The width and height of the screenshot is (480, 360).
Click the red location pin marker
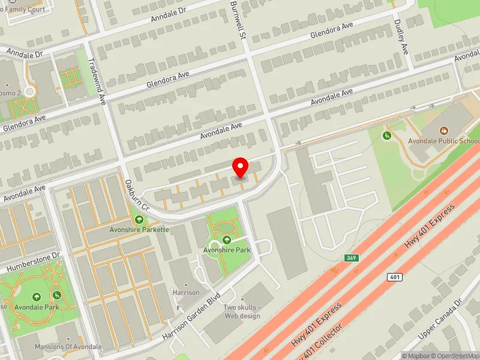click(x=241, y=167)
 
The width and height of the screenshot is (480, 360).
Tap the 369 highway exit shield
click(x=352, y=258)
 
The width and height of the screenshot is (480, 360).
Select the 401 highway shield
click(x=394, y=277)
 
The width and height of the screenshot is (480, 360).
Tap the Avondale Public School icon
click(x=444, y=130)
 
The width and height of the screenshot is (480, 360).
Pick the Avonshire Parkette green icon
click(x=140, y=220)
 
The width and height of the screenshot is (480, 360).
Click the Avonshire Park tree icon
click(x=227, y=240)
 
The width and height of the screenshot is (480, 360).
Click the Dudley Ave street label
click(x=401, y=36)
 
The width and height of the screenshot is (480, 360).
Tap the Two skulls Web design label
click(x=242, y=311)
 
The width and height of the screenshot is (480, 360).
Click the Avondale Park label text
click(x=37, y=307)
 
